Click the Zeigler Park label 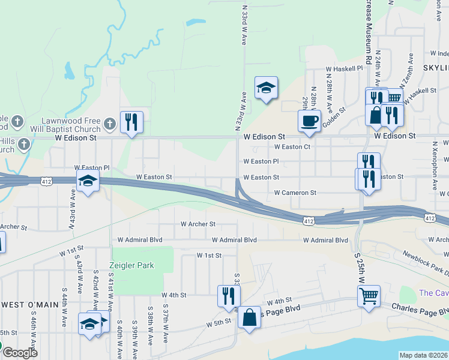coord(131,265)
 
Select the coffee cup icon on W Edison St coord(310,121)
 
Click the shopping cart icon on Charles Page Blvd coord(369,295)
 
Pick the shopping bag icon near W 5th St coord(249,317)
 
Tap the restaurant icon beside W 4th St coord(229,296)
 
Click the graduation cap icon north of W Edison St coord(266,88)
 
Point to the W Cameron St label coord(295,193)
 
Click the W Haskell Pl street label coord(344,68)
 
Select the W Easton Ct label coord(292,146)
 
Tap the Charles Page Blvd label coord(420,308)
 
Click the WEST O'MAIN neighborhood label coord(29,304)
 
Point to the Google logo coord(19,353)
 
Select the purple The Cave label coord(433,293)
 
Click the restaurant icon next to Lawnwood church coord(131,122)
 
